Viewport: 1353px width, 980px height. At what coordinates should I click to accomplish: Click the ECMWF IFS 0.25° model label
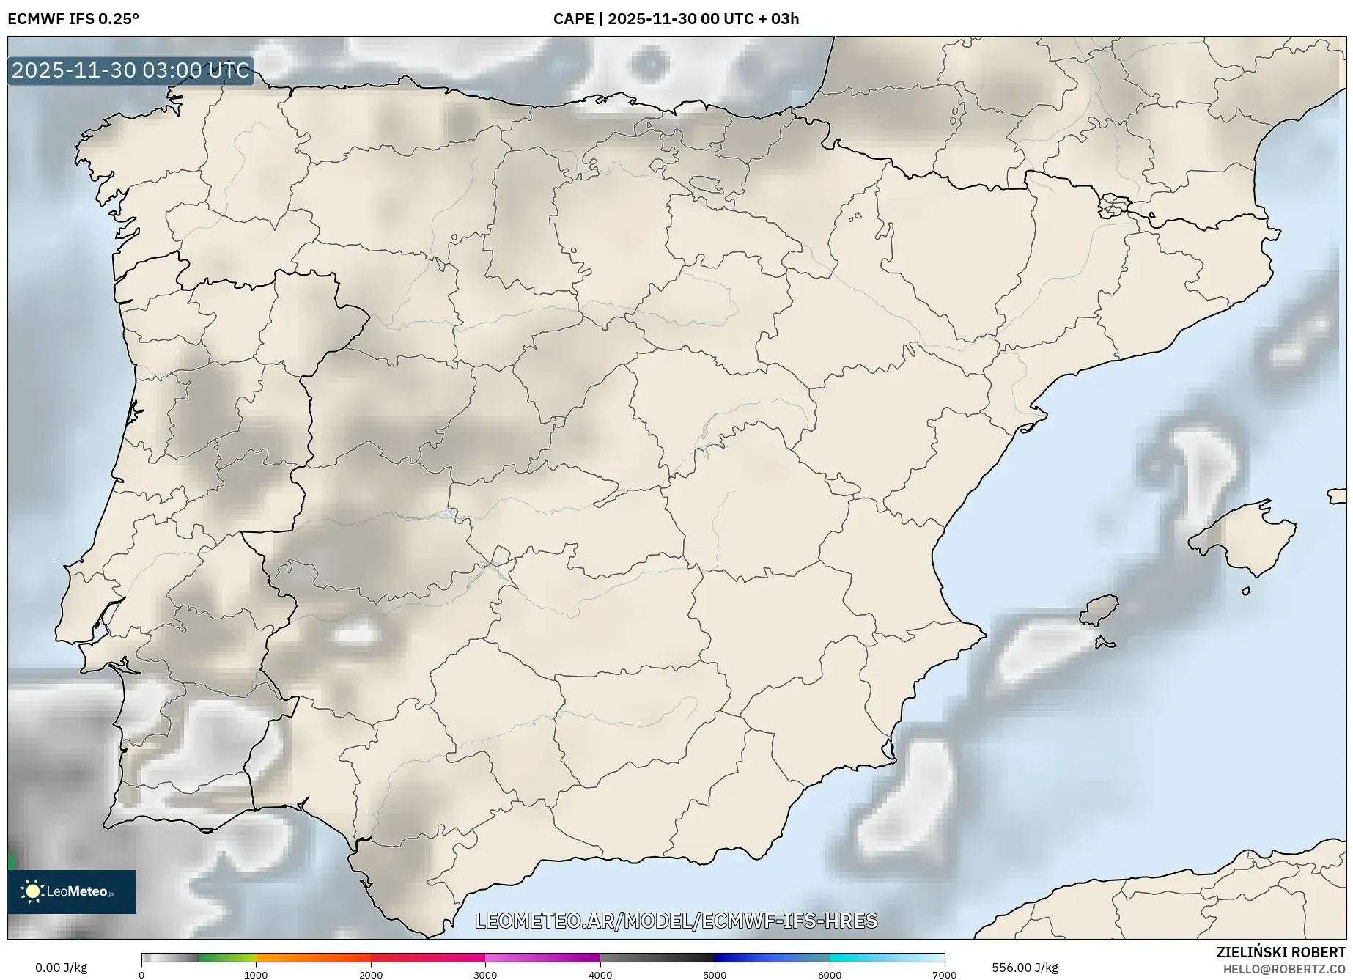(73, 19)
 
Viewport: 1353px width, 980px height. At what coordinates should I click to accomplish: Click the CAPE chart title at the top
(676, 19)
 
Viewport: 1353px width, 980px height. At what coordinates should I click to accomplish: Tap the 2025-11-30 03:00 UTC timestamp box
(130, 71)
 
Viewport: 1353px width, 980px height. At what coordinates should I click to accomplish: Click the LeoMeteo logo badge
(72, 891)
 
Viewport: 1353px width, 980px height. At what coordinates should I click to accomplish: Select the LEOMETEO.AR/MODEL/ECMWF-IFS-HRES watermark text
(676, 921)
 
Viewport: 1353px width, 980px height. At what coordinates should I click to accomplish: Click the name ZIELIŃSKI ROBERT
(1281, 952)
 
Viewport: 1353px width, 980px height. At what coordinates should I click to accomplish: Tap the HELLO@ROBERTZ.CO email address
(1284, 969)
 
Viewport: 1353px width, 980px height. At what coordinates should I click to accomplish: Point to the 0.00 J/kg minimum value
(61, 968)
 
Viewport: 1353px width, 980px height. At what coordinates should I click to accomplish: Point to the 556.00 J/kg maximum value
(1025, 968)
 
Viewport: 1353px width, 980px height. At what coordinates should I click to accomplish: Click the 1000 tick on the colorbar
(256, 974)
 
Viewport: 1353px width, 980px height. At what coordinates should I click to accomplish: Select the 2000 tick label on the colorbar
(371, 974)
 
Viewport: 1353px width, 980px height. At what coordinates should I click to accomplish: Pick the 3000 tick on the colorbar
(485, 974)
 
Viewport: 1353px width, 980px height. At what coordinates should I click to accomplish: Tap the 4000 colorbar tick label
(600, 974)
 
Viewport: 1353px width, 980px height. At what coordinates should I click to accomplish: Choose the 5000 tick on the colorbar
(715, 974)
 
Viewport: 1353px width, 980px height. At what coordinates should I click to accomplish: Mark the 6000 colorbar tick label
(830, 974)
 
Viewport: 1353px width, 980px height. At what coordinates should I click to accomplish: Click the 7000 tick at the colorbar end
(944, 974)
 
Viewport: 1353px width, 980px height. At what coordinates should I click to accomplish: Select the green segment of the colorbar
(227, 957)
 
